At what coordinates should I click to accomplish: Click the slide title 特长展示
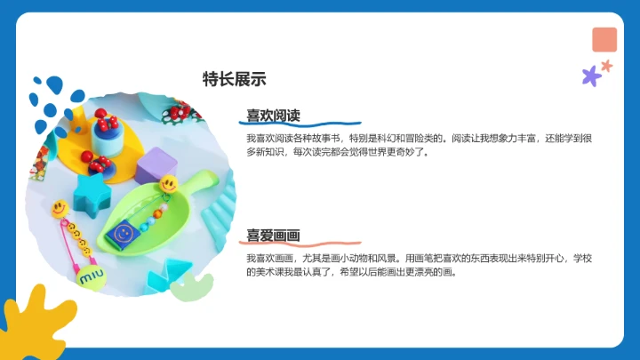pos(235,78)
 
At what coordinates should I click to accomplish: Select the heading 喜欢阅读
pos(273,116)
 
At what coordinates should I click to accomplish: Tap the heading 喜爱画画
pos(273,235)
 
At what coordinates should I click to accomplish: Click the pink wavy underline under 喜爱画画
pos(302,243)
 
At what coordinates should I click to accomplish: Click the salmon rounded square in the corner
pos(604,39)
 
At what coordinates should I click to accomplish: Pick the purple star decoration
pos(591,76)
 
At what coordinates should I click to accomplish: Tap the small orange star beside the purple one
pos(607,65)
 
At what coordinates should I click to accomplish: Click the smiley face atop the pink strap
pos(59,209)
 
